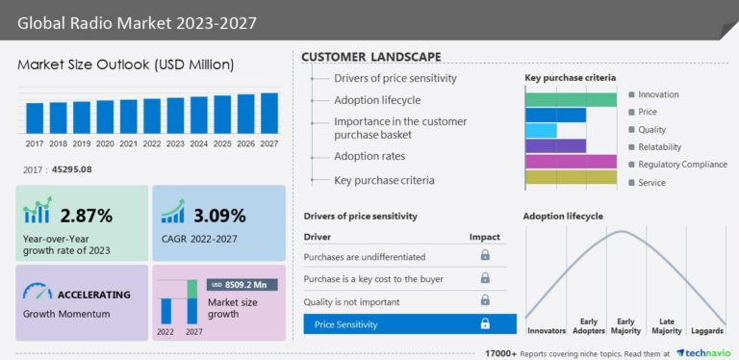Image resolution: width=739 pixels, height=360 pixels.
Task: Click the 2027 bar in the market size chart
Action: [x=269, y=113]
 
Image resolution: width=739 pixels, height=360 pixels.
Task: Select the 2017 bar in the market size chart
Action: [x=35, y=117]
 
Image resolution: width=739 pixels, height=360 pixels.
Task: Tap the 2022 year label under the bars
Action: [x=152, y=143]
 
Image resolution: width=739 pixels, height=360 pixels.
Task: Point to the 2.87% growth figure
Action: [x=87, y=215]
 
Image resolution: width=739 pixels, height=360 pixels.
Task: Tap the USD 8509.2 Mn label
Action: [x=244, y=285]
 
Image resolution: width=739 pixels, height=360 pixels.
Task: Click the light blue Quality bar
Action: [x=541, y=131]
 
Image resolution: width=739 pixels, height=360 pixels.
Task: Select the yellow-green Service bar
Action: [x=571, y=177]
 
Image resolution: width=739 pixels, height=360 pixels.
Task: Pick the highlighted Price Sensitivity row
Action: [x=410, y=324]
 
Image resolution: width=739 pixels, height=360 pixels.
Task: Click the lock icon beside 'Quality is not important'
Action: [x=485, y=301]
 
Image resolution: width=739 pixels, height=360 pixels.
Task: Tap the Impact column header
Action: [x=485, y=237]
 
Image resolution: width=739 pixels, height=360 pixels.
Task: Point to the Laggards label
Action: [x=707, y=331]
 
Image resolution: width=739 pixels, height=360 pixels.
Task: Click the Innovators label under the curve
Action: [x=547, y=331]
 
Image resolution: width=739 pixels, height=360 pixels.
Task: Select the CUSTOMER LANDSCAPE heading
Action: [x=371, y=57]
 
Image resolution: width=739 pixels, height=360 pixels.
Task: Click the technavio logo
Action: [x=706, y=353]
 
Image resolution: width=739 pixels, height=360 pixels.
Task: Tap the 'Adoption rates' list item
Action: [x=369, y=156]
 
